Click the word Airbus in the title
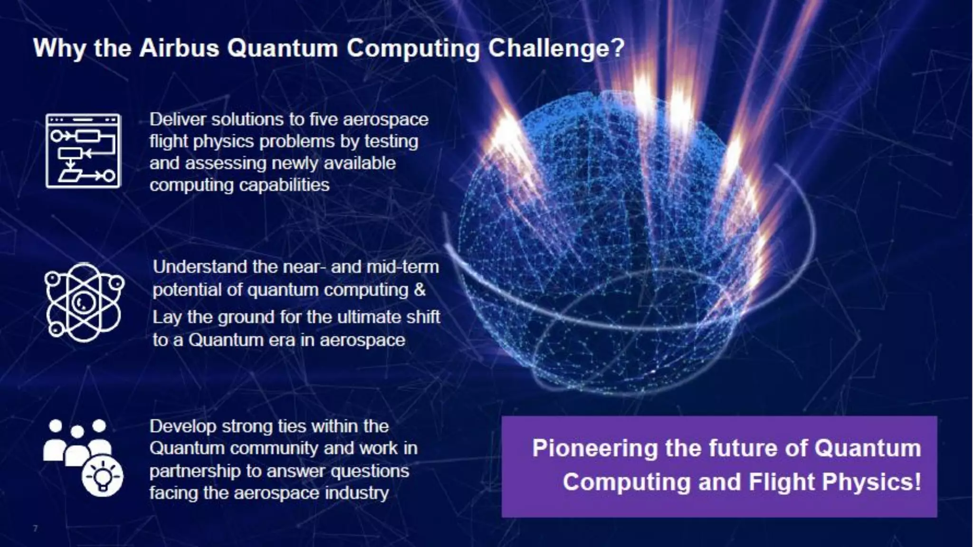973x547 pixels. pos(179,48)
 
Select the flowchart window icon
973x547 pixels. pos(83,151)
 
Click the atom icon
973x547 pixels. pos(84,302)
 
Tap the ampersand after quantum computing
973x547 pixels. pos(420,290)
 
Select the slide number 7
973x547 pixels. pos(35,528)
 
